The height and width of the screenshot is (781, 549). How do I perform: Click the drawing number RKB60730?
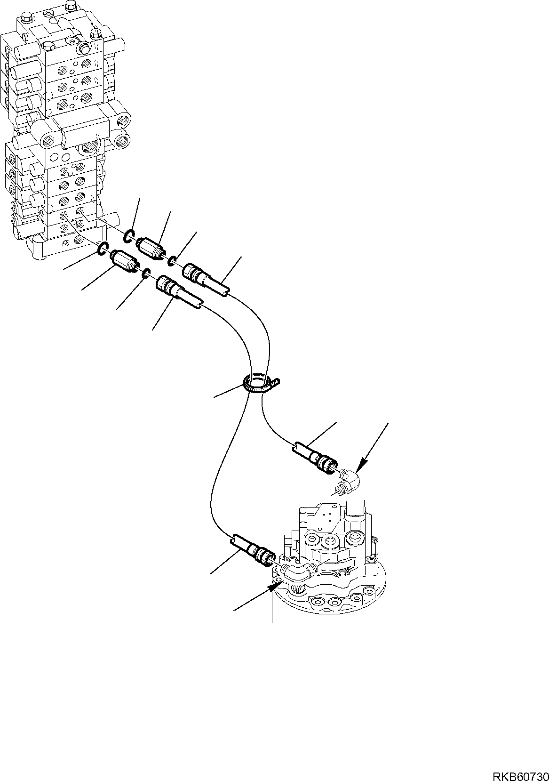tap(520, 773)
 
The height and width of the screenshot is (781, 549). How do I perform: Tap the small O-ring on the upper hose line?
tap(172, 259)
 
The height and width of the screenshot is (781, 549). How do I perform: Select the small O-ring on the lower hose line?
tap(146, 274)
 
